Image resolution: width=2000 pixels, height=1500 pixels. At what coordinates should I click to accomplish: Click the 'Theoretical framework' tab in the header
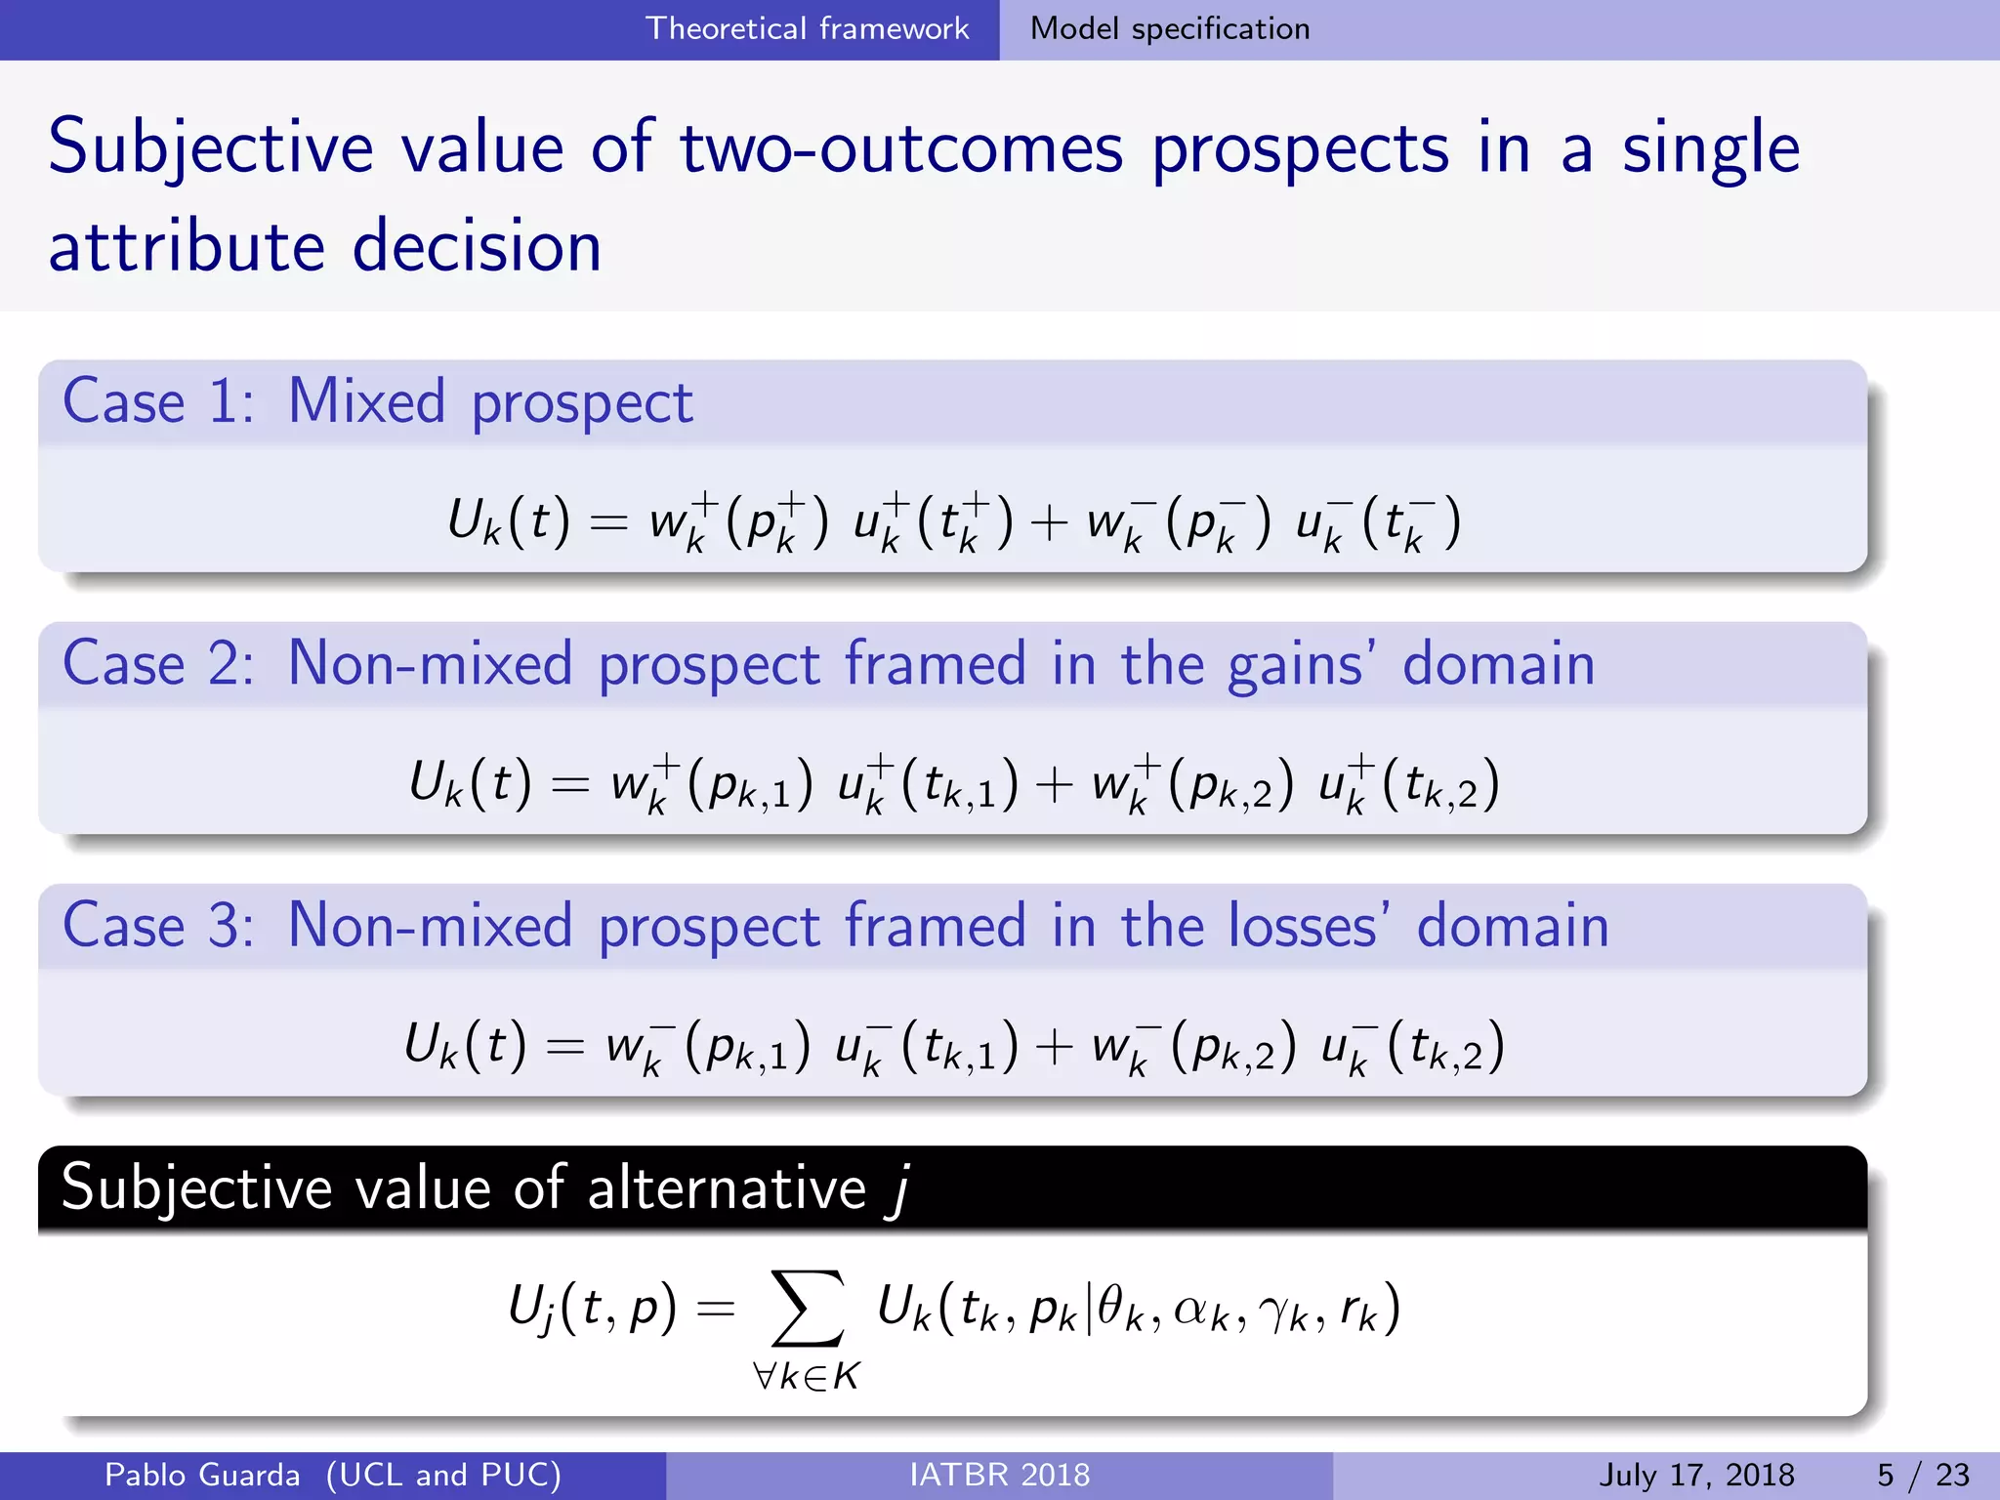tap(807, 28)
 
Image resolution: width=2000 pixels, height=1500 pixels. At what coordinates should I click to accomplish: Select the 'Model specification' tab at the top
tap(1169, 28)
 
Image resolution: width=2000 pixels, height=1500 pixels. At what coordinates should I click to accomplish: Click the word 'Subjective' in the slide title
tap(210, 148)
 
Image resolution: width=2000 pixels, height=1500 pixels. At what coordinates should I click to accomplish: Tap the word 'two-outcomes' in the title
tap(901, 148)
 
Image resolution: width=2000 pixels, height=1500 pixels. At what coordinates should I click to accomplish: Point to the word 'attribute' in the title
tap(186, 246)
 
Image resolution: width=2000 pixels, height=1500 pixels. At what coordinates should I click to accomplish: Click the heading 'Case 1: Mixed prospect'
tap(377, 401)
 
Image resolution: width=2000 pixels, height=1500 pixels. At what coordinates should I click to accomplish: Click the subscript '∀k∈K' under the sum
tap(807, 1376)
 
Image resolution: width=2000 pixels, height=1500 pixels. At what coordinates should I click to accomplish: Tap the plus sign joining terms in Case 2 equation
tap(1054, 785)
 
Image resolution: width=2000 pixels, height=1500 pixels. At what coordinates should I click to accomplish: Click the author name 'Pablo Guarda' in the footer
tap(202, 1475)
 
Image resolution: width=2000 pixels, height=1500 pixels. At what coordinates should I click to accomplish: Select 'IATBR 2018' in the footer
tap(999, 1475)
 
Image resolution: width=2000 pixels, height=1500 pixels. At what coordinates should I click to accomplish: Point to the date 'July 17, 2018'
tap(1696, 1475)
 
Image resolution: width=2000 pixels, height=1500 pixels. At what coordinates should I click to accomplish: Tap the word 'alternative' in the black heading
tap(726, 1188)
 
